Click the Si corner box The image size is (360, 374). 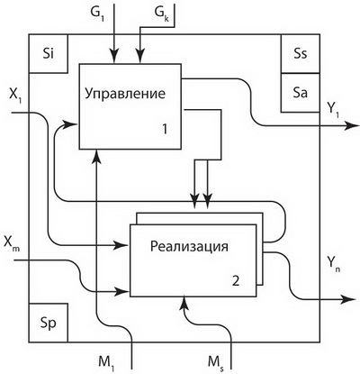click(x=49, y=53)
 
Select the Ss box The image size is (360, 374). click(x=301, y=53)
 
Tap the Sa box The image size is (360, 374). click(x=301, y=93)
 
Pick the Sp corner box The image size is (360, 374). click(x=49, y=323)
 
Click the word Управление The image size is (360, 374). click(x=125, y=94)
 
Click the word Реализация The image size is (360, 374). click(x=189, y=247)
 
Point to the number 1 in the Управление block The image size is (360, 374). click(x=165, y=129)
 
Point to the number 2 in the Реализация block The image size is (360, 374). click(x=236, y=281)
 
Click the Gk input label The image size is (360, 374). click(x=162, y=13)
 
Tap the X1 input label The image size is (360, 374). click(x=15, y=96)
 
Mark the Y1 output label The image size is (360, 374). click(x=333, y=110)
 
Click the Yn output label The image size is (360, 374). click(x=334, y=265)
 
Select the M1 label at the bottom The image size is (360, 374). click(x=106, y=361)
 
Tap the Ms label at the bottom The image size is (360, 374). click(x=216, y=362)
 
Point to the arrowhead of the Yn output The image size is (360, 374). click(x=348, y=299)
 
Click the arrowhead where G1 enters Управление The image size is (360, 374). click(x=114, y=57)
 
